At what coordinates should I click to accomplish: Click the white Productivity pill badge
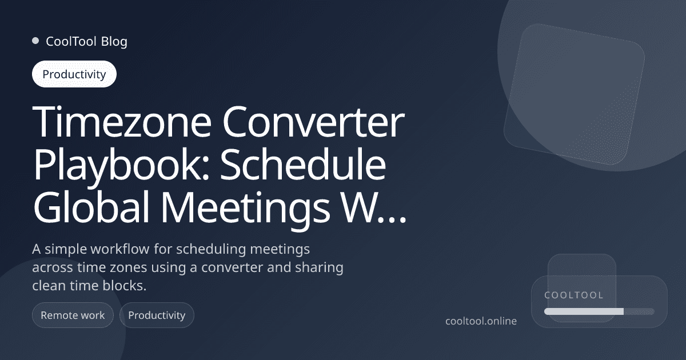(74, 74)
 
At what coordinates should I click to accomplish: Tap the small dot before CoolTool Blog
(35, 41)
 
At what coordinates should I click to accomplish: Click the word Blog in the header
(114, 41)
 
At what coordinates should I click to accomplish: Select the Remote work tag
(73, 315)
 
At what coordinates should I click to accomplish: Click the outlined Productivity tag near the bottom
(157, 315)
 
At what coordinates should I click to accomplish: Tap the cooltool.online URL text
(481, 321)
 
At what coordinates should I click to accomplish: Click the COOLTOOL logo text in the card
(574, 295)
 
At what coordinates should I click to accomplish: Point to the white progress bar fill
(584, 311)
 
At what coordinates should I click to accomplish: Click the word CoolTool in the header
(71, 41)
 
